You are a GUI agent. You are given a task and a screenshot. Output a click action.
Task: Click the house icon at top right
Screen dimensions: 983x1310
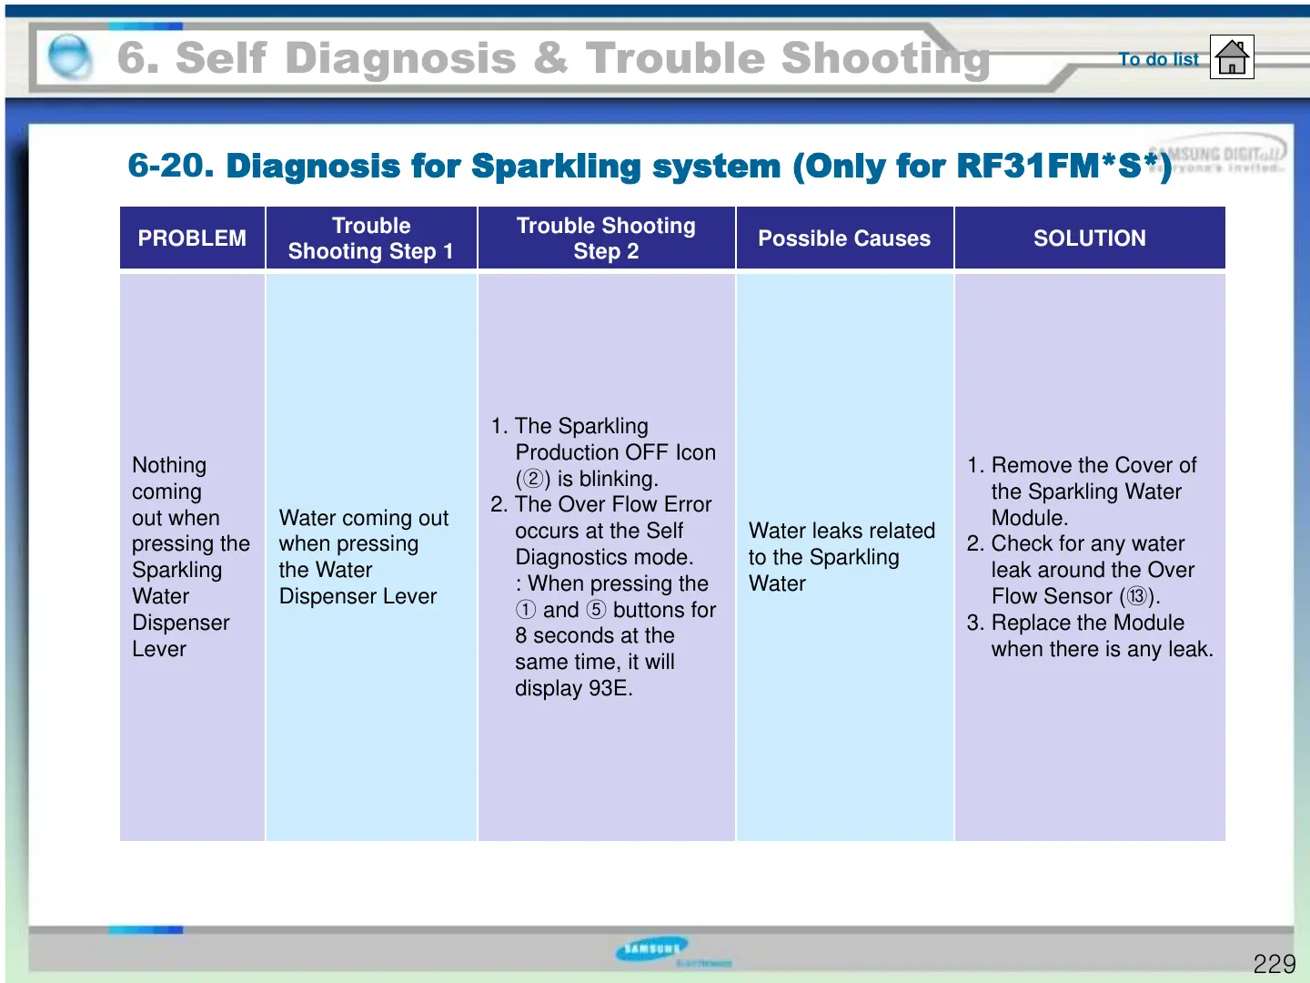click(1232, 57)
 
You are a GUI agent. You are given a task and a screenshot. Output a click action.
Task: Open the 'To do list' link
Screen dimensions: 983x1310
click(1158, 59)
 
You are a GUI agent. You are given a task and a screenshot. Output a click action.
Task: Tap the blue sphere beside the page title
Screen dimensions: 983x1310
click(69, 57)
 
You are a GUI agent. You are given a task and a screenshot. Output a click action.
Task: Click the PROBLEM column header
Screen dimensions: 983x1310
click(192, 238)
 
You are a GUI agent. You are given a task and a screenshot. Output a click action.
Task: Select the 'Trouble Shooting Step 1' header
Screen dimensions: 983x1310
click(371, 238)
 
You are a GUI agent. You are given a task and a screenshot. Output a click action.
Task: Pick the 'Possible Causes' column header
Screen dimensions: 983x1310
click(844, 238)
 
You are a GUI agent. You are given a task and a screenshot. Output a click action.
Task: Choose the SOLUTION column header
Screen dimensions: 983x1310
click(1089, 238)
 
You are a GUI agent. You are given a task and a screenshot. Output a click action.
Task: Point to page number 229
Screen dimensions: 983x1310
click(1274, 964)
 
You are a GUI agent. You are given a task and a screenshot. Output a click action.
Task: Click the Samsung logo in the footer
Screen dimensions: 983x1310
click(651, 949)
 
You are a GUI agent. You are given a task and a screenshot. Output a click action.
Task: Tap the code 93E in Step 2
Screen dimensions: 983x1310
click(610, 688)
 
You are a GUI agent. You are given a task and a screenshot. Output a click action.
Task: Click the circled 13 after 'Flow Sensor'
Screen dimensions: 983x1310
click(1137, 596)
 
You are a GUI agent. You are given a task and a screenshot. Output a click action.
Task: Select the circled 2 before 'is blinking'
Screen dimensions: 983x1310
click(533, 479)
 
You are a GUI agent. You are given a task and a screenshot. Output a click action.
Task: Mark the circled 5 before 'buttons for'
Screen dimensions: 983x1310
click(596, 610)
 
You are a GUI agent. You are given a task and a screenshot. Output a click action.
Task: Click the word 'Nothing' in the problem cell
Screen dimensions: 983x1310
click(169, 465)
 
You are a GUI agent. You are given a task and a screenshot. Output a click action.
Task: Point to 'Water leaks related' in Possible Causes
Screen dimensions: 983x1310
click(841, 531)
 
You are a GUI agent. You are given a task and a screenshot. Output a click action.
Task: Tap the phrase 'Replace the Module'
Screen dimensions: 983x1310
click(1088, 623)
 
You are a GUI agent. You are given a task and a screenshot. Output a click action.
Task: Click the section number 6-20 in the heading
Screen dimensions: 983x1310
click(170, 166)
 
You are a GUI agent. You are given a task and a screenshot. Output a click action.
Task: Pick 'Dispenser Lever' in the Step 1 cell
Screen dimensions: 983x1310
click(358, 596)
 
